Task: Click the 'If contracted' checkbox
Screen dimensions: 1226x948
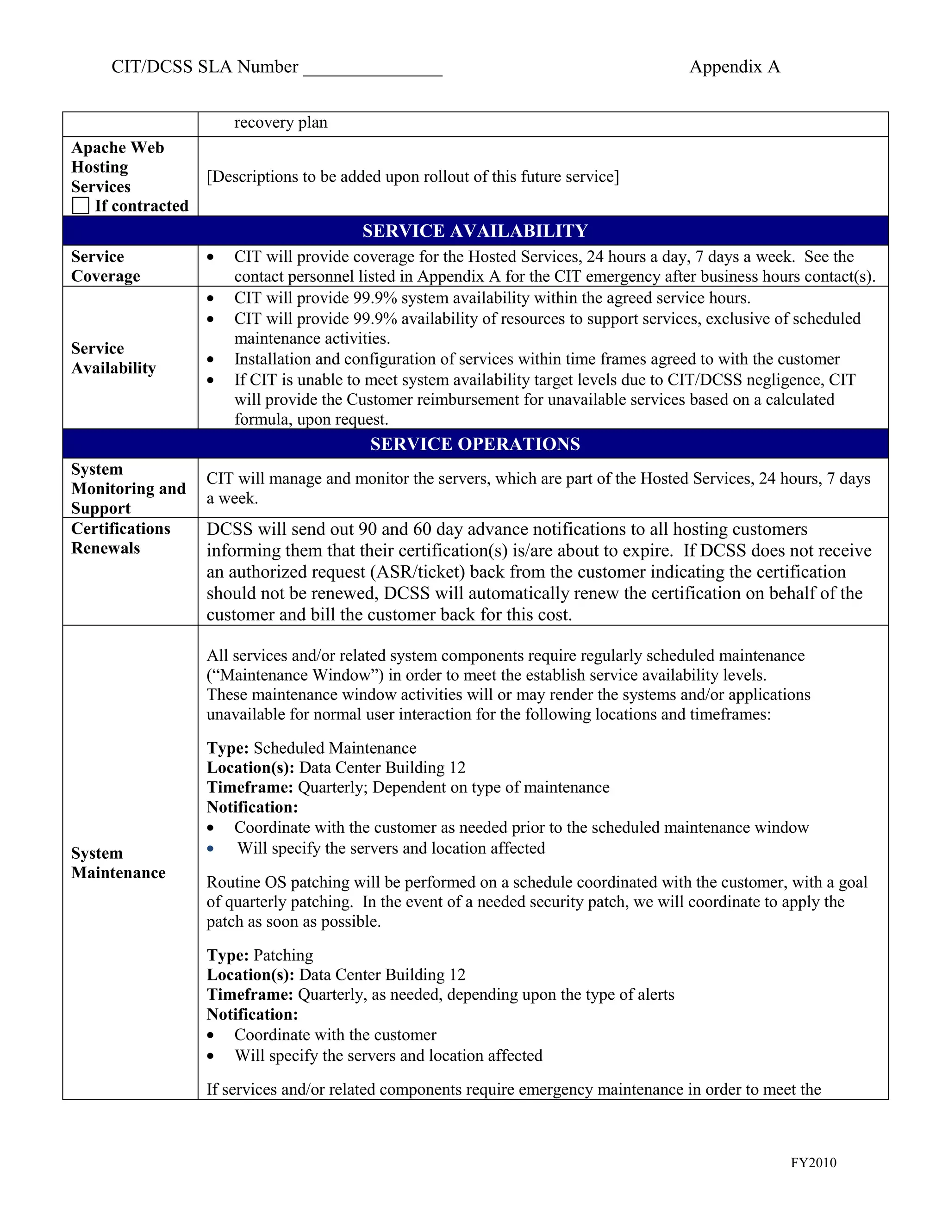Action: (81, 205)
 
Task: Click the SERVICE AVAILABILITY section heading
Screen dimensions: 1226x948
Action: (474, 231)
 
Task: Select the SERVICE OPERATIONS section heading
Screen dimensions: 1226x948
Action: (474, 444)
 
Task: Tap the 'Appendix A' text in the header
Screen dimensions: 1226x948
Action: (734, 67)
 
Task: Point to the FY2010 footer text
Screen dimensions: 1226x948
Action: (813, 1163)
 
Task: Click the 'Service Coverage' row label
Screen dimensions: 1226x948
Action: (106, 266)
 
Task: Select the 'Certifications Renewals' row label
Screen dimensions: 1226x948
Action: (120, 539)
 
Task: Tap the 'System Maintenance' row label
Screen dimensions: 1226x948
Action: (118, 863)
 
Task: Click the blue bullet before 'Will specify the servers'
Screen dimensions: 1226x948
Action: (211, 849)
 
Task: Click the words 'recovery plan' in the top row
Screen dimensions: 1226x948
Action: (280, 123)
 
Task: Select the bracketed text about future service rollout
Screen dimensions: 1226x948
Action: (412, 177)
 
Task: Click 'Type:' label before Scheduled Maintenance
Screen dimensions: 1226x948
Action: (227, 748)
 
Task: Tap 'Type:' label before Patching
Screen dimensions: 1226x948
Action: (227, 955)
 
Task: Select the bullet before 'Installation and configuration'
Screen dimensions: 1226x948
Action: (211, 359)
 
